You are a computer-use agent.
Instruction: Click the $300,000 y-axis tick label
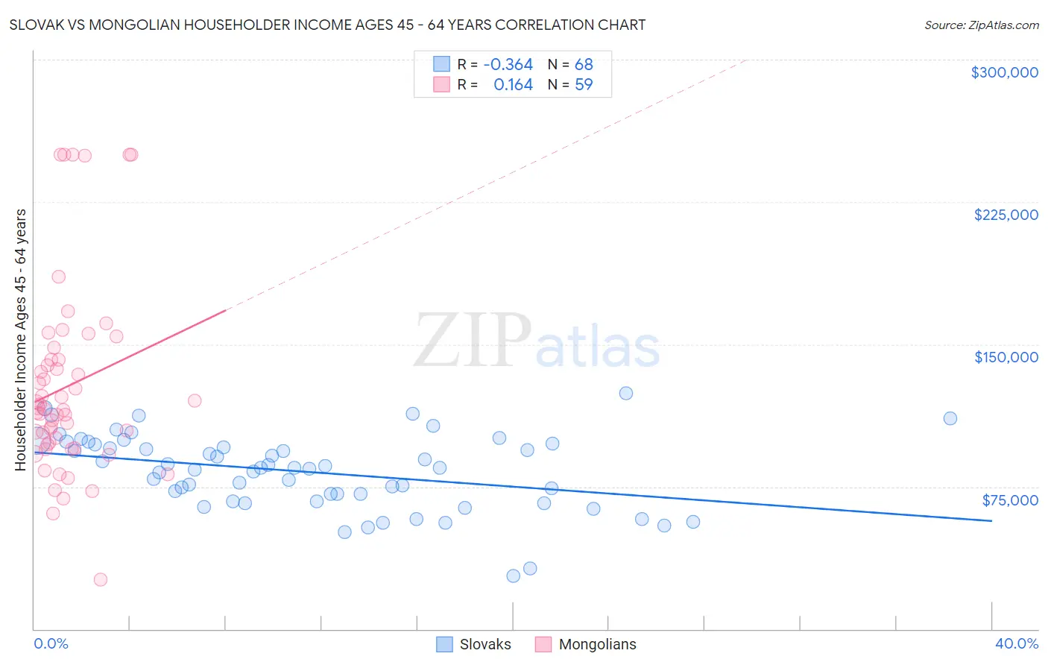[x=1004, y=72]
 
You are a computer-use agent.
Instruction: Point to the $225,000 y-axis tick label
[x=1006, y=215]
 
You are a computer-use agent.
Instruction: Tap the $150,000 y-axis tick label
[x=1006, y=357]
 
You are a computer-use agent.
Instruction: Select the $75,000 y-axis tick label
[x=1009, y=500]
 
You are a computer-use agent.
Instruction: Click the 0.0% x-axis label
[x=51, y=643]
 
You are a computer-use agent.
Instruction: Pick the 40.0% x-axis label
[x=1016, y=643]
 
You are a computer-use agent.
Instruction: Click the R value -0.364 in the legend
[x=508, y=65]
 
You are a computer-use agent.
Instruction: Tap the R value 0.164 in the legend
[x=513, y=85]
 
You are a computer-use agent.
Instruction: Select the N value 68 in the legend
[x=584, y=65]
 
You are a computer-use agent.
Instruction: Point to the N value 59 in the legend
[x=584, y=85]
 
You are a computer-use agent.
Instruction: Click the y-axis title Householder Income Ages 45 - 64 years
[x=21, y=339]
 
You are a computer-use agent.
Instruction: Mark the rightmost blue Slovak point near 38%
[x=950, y=418]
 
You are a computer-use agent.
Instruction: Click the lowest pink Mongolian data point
[x=100, y=579]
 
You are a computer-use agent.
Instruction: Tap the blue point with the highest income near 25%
[x=626, y=393]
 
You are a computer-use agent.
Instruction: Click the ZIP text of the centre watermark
[x=472, y=341]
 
